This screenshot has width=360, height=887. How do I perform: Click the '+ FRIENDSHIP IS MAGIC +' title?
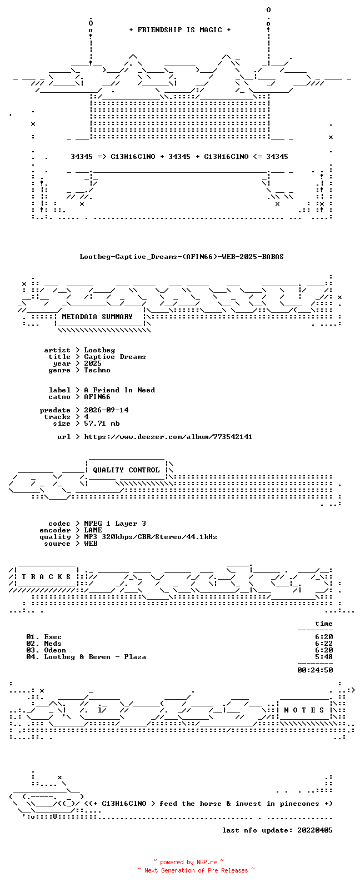click(180, 30)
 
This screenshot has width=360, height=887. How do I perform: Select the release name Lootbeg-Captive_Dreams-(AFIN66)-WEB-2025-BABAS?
click(182, 257)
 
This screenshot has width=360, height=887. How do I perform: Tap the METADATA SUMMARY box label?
click(97, 317)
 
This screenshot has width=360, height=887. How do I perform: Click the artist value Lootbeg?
click(99, 350)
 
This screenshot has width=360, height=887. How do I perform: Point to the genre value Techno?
click(97, 370)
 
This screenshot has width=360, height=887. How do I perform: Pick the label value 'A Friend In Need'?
click(119, 390)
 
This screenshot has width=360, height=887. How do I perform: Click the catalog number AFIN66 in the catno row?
click(97, 397)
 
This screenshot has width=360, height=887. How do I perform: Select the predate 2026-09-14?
click(106, 410)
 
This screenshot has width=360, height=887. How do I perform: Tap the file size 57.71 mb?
click(102, 423)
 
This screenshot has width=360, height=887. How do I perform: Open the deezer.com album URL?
click(168, 437)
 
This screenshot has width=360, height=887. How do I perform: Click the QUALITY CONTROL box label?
click(126, 470)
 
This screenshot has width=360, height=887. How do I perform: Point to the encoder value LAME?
click(93, 530)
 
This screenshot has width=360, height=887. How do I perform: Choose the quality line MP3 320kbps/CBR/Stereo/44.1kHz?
click(151, 537)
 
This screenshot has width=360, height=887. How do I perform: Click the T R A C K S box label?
click(46, 577)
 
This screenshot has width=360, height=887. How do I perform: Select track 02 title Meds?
click(53, 644)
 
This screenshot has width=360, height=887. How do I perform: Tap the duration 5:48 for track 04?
click(323, 657)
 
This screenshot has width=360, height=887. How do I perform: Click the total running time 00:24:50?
click(315, 670)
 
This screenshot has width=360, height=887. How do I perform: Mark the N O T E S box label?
click(304, 710)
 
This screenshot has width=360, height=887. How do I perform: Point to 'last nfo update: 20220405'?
click(277, 830)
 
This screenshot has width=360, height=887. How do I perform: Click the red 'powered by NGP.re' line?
click(188, 862)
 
